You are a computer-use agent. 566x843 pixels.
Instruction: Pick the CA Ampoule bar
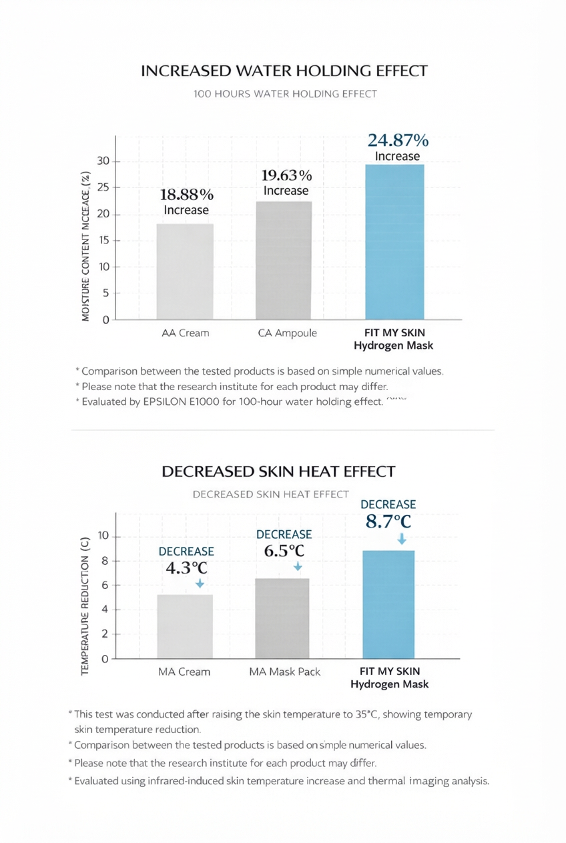[283, 260]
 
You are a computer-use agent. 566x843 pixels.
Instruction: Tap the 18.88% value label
[187, 195]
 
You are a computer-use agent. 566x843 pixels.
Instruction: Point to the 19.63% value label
[286, 175]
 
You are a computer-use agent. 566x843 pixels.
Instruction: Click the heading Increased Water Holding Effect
[284, 71]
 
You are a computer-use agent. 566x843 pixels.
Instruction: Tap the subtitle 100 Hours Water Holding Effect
[285, 94]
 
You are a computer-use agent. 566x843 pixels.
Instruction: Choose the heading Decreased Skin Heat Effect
[278, 472]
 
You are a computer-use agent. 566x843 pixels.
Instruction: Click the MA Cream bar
[185, 626]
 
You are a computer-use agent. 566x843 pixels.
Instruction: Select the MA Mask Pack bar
[282, 618]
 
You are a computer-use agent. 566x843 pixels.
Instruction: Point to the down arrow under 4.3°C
[199, 584]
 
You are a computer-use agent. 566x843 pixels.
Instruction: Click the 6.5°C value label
[284, 551]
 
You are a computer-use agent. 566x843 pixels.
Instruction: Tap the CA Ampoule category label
[287, 333]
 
